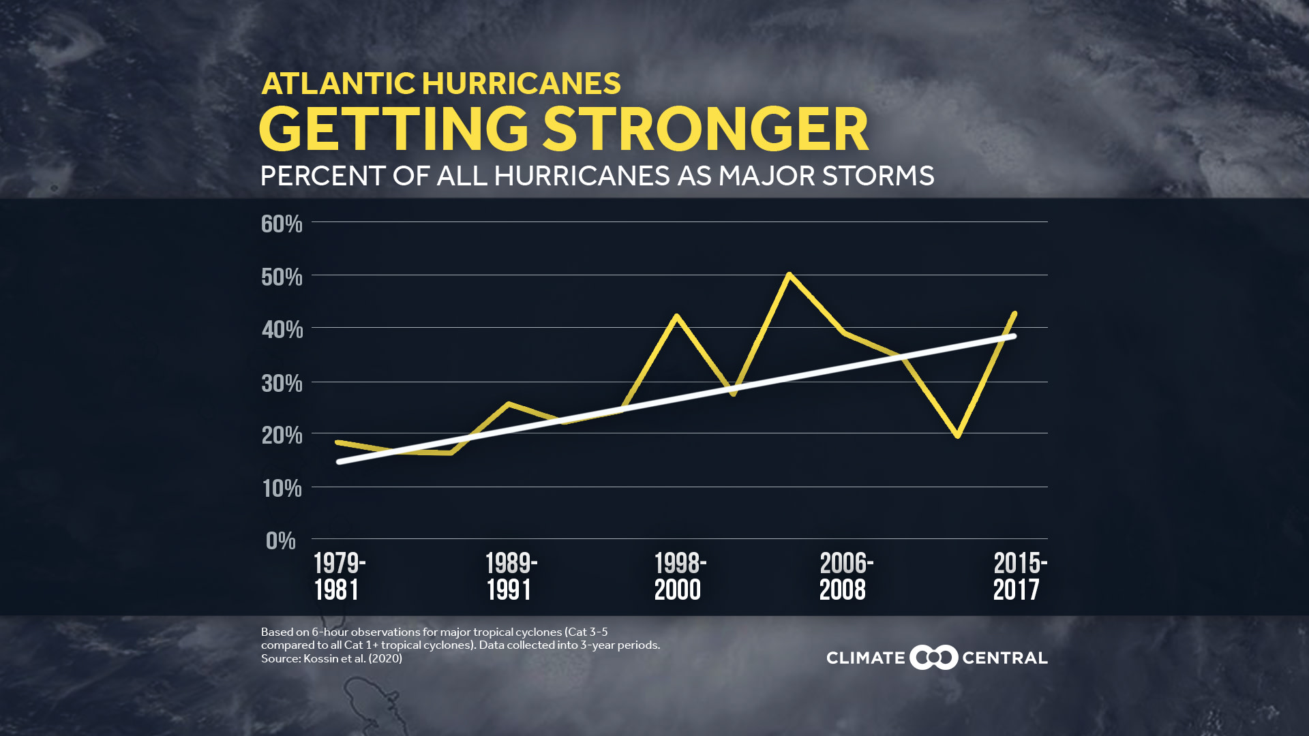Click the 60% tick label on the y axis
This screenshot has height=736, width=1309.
(282, 224)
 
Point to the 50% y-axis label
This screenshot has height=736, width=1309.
(282, 277)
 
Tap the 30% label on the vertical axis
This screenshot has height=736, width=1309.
(282, 384)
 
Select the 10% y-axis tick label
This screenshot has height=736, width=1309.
(282, 489)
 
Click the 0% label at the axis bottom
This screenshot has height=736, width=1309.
(280, 541)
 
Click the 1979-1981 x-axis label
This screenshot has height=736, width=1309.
(339, 577)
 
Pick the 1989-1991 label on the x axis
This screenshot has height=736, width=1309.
(511, 577)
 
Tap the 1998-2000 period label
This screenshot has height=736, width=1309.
(680, 577)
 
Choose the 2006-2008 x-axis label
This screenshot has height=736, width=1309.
(845, 577)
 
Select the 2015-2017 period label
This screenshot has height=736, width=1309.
(1019, 577)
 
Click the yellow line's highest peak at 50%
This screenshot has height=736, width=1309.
(789, 275)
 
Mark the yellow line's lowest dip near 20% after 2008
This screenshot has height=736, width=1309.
(958, 435)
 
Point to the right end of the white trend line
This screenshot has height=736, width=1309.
(1013, 337)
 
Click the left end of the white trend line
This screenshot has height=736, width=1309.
(340, 462)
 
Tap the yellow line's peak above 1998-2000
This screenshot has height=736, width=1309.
(676, 316)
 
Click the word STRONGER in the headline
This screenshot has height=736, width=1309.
(706, 129)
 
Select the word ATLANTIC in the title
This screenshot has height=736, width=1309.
(338, 84)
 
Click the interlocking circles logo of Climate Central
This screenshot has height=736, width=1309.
(933, 658)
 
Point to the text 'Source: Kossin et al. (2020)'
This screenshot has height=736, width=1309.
(331, 659)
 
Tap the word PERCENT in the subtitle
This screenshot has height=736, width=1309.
(323, 176)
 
